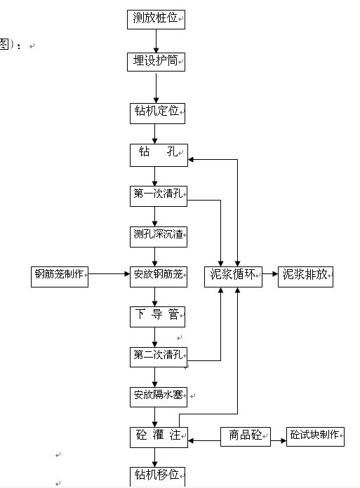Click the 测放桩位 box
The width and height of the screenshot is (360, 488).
(156, 20)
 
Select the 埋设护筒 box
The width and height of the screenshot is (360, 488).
(156, 62)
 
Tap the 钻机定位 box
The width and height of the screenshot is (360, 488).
(157, 114)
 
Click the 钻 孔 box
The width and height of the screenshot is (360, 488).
(159, 155)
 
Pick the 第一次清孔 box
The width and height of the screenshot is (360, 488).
(159, 196)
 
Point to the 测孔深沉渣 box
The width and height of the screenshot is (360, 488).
(159, 237)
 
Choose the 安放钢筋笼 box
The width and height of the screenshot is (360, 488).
(159, 277)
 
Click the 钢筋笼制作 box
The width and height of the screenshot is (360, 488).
(60, 277)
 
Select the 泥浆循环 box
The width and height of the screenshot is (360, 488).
(233, 277)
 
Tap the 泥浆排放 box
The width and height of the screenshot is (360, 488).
(305, 277)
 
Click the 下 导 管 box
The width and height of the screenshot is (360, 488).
(157, 317)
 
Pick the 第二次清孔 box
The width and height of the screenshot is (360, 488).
(159, 357)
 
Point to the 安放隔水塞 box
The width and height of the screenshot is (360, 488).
(159, 397)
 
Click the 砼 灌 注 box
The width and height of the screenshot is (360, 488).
(159, 438)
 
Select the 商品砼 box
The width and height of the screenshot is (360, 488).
(246, 437)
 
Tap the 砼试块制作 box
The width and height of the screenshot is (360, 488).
(315, 437)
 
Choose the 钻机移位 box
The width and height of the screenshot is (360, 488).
(157, 477)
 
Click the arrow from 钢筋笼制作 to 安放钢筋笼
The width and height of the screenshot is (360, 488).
(109, 274)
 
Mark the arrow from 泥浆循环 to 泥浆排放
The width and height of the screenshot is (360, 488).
(270, 274)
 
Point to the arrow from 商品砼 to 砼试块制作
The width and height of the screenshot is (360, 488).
(279, 440)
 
